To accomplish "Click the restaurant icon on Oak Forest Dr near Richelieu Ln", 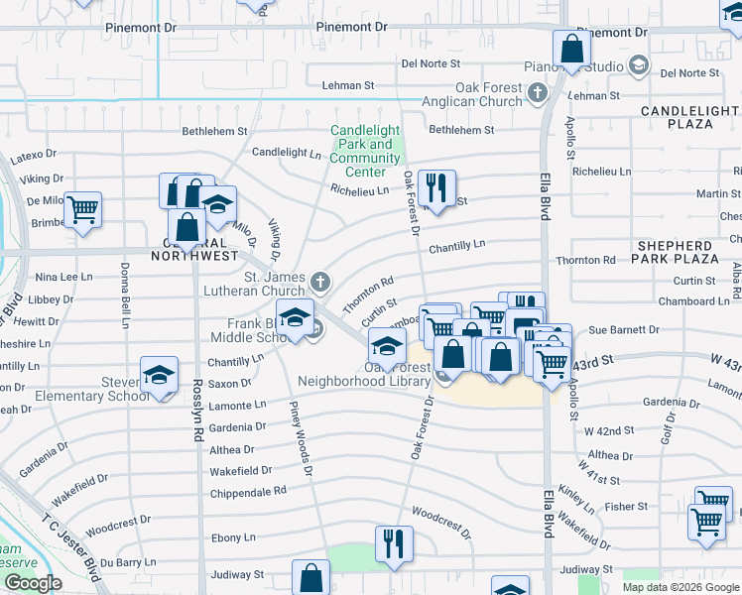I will pyautogui.click(x=436, y=186).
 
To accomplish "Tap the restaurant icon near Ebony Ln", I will pyautogui.click(x=394, y=544).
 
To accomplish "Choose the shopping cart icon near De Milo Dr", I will pyautogui.click(x=83, y=209).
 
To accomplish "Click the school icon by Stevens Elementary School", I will pyautogui.click(x=159, y=375).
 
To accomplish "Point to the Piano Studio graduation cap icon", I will pyautogui.click(x=639, y=66).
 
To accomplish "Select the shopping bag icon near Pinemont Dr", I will pyautogui.click(x=572, y=49).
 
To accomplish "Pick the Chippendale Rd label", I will pyautogui.click(x=248, y=491).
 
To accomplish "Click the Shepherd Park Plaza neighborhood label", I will pyautogui.click(x=676, y=252).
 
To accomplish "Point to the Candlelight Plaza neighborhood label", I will pyautogui.click(x=689, y=117).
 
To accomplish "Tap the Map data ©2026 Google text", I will pyautogui.click(x=680, y=587).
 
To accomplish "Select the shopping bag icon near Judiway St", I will pyautogui.click(x=310, y=578).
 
